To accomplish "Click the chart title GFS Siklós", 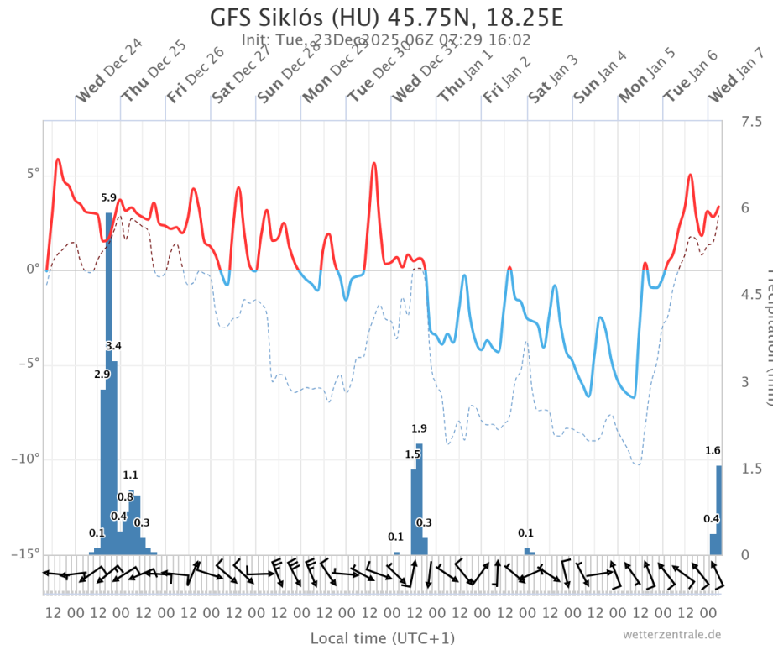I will (x=386, y=17).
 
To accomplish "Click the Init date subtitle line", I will (x=385, y=39).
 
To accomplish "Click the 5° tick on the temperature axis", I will (x=31, y=174).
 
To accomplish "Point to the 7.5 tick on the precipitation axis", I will (x=751, y=122).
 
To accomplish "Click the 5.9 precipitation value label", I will (x=108, y=198).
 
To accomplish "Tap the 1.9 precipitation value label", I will (x=419, y=429).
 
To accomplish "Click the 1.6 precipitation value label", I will (x=713, y=451).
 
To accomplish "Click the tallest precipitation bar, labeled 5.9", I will (x=108, y=378).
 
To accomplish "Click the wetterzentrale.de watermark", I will (x=671, y=634).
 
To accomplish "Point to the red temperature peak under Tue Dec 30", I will (x=373, y=164).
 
